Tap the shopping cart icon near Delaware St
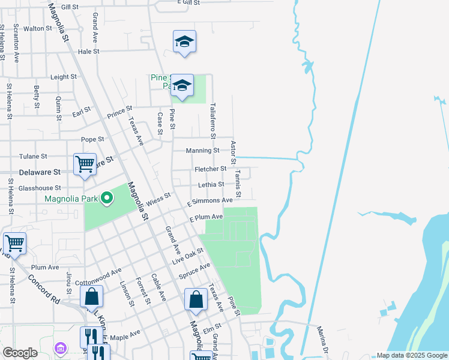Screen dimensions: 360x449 click(x=85, y=164)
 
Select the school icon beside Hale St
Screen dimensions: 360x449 click(x=184, y=41)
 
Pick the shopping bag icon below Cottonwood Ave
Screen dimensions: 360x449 click(x=91, y=296)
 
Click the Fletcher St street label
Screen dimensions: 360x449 click(x=210, y=169)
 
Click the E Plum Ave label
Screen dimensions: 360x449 click(x=206, y=217)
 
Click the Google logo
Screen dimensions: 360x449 click(x=20, y=353)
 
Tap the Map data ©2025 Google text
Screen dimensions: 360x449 click(x=411, y=355)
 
